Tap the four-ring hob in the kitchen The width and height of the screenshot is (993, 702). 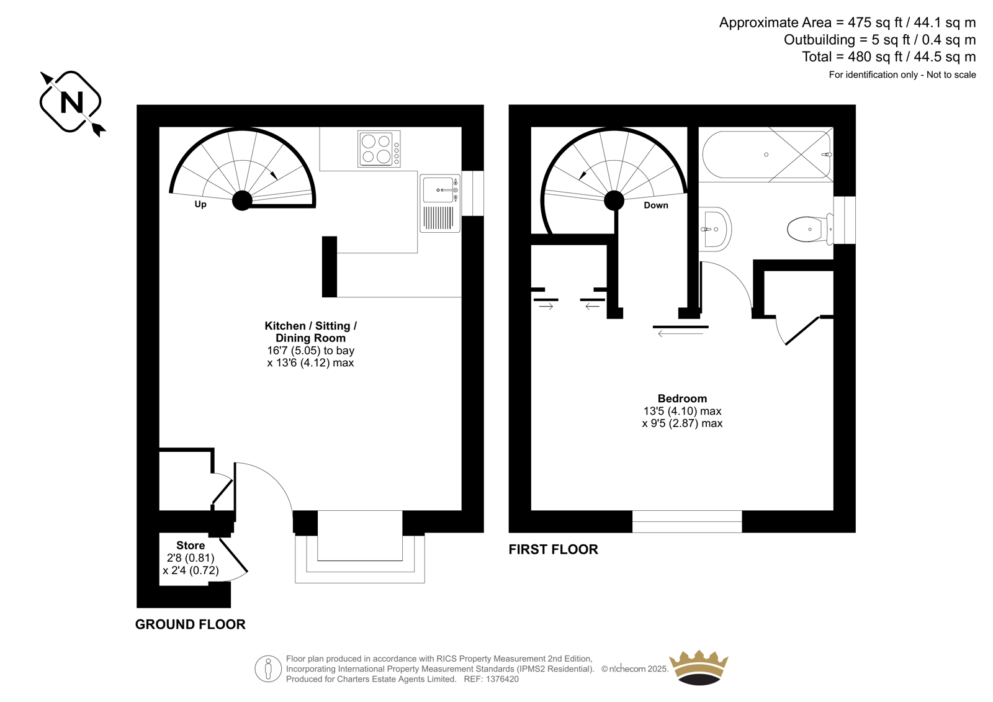[379, 149]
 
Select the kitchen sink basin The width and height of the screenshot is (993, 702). [438, 190]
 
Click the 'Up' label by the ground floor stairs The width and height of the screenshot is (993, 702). [200, 204]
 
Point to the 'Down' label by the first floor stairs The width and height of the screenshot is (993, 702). [655, 205]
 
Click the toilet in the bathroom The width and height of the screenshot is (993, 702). [811, 229]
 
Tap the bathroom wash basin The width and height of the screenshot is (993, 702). [714, 229]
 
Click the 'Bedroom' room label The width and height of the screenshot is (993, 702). [682, 398]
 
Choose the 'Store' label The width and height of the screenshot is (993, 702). [191, 546]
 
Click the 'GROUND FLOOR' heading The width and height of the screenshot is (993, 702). [190, 624]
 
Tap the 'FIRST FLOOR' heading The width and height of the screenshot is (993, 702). [553, 549]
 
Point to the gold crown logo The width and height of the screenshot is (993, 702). [699, 667]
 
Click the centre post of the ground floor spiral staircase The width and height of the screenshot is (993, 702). [242, 200]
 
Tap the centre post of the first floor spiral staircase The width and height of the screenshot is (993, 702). [614, 200]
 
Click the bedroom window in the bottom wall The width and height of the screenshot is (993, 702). [686, 521]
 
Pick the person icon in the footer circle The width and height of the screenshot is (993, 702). [267, 668]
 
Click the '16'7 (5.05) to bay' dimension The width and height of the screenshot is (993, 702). [311, 351]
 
